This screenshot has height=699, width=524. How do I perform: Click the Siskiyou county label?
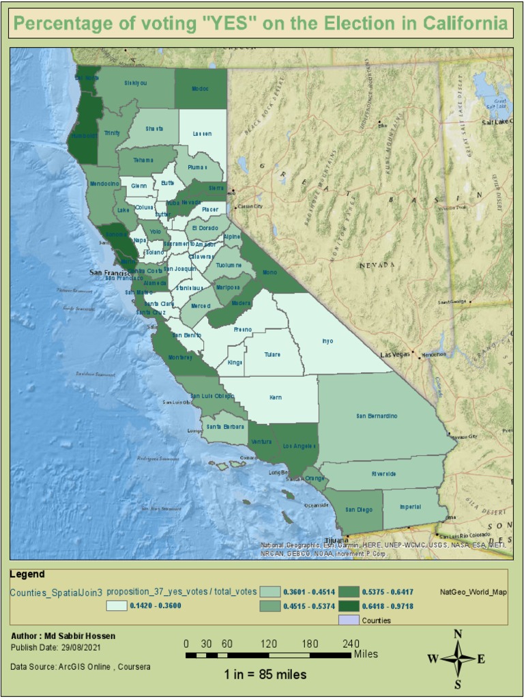click(x=135, y=83)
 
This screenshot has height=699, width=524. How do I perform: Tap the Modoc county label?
click(x=201, y=89)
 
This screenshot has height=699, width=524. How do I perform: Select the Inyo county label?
click(x=328, y=341)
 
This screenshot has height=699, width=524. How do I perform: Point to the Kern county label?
click(x=275, y=397)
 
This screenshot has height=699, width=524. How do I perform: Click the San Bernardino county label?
click(x=377, y=416)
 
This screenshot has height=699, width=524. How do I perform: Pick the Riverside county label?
click(x=383, y=474)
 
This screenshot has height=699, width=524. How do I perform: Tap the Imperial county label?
click(x=410, y=507)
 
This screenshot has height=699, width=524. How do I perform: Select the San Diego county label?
click(x=358, y=509)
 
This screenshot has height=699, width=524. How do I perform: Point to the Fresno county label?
click(x=243, y=330)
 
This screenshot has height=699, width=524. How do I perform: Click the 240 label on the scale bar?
click(x=351, y=644)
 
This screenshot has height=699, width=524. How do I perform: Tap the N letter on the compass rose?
click(x=458, y=634)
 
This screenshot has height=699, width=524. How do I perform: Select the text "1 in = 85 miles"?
click(x=265, y=675)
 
